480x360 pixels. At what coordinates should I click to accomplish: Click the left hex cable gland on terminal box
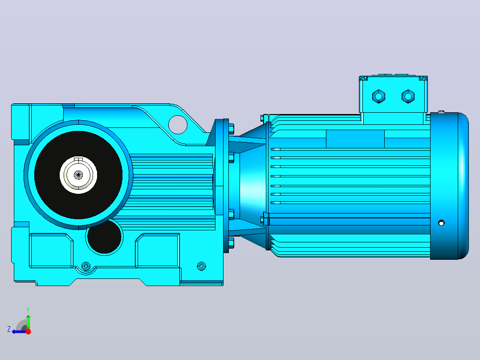tap(378, 97)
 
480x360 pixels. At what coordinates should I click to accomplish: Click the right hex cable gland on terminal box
tap(408, 97)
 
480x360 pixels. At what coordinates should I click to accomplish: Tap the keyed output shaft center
tap(78, 175)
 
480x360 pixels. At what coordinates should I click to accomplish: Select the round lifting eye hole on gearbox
tap(178, 125)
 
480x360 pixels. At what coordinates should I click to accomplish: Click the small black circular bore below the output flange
tap(105, 237)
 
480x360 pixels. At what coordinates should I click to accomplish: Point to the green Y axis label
tap(28, 310)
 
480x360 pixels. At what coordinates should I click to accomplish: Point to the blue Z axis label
tap(9, 329)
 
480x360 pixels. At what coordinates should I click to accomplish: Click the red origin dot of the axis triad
tap(28, 331)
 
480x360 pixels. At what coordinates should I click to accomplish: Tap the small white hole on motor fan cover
tap(441, 223)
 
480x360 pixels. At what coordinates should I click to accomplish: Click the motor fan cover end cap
tap(449, 186)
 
